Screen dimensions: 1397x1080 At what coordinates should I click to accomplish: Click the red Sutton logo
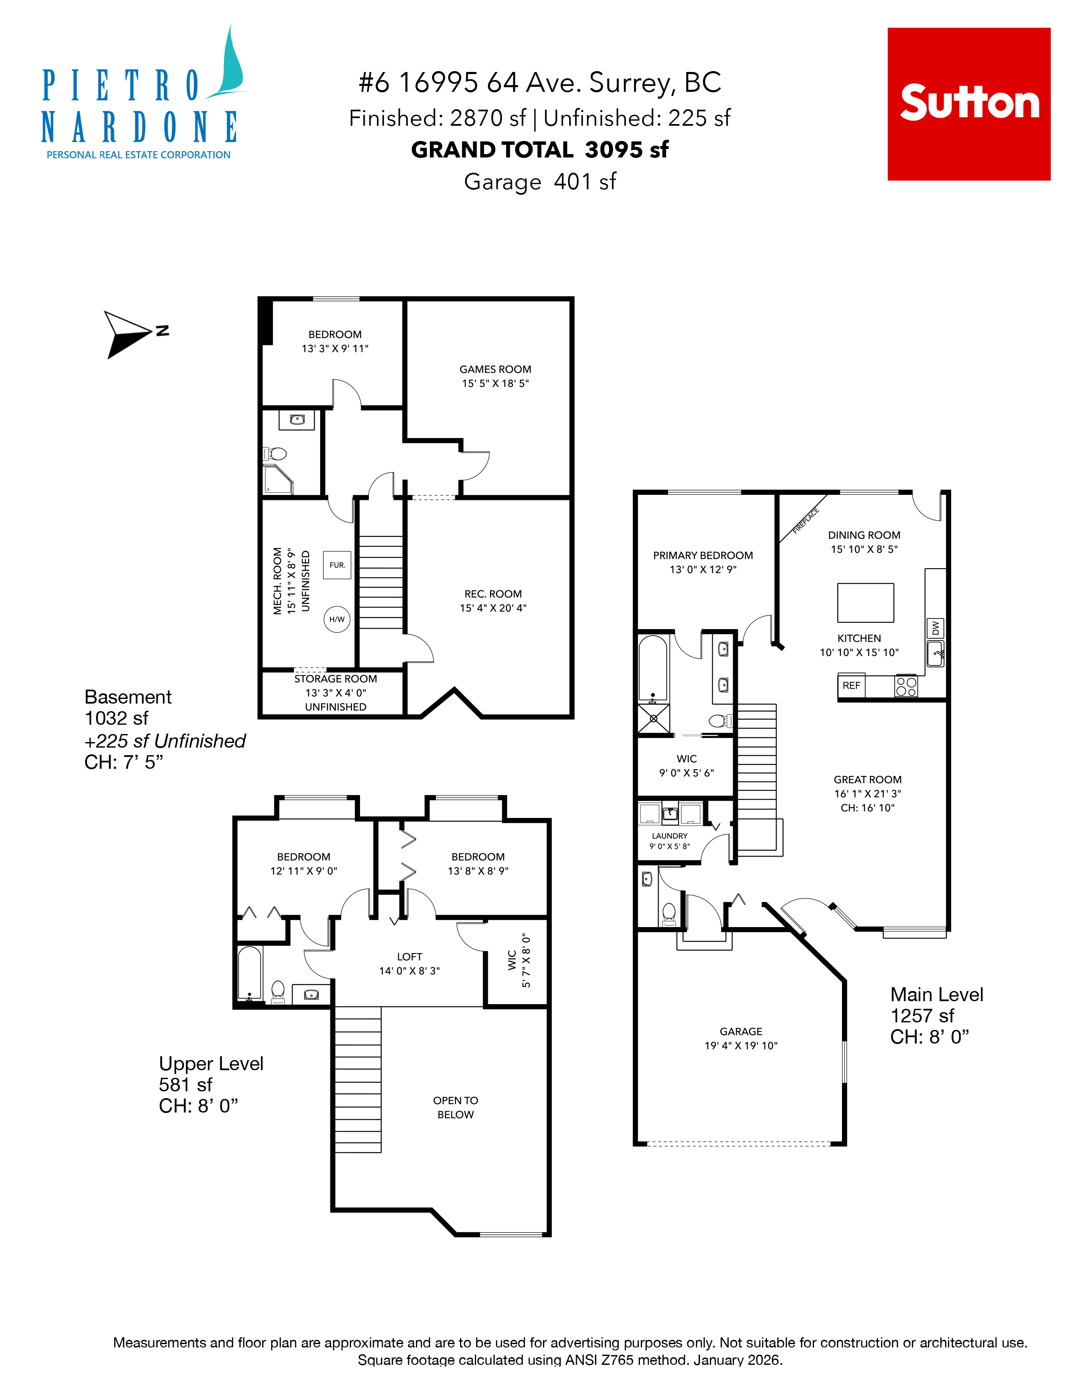click(968, 104)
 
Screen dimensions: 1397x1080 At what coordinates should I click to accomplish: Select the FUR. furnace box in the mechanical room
click(337, 565)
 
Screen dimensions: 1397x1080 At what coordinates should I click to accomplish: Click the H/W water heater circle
click(337, 619)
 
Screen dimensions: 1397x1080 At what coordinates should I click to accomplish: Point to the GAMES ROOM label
click(495, 369)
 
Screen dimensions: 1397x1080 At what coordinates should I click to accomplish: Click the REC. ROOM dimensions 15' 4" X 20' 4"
click(493, 607)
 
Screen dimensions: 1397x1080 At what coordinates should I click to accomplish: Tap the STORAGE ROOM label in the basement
click(335, 679)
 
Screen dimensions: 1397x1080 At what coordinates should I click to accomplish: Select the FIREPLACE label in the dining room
click(806, 521)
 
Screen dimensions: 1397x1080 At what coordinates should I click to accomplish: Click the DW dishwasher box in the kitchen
click(935, 628)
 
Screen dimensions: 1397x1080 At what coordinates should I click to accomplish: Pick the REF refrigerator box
click(851, 685)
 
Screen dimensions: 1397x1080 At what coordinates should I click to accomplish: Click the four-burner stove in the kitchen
click(906, 686)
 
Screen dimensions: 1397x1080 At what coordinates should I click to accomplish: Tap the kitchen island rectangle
click(865, 602)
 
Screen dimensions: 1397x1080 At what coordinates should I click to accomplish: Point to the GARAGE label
click(740, 1031)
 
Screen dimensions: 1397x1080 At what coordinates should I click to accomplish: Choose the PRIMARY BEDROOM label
click(703, 555)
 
